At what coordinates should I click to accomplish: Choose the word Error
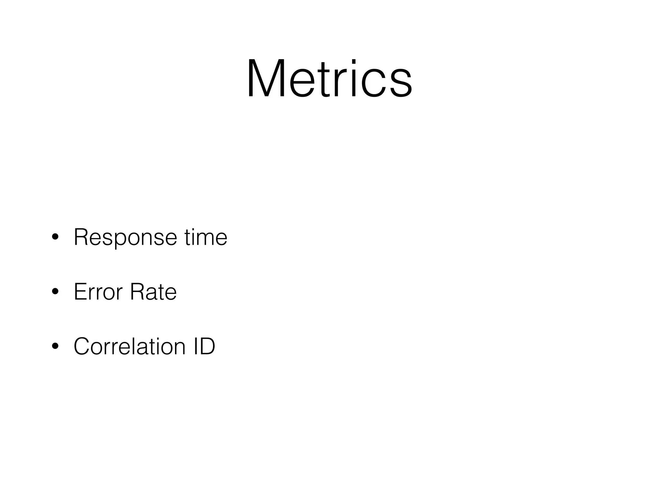[98, 292]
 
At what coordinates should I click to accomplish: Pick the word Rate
[153, 292]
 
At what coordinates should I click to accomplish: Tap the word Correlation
[130, 346]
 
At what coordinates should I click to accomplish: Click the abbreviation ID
[204, 346]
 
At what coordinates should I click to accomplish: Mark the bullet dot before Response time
[55, 238]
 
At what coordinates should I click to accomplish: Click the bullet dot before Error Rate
[55, 292]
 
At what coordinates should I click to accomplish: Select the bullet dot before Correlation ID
[55, 346]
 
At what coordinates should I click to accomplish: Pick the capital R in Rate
[137, 292]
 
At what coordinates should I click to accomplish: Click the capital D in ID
[207, 346]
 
